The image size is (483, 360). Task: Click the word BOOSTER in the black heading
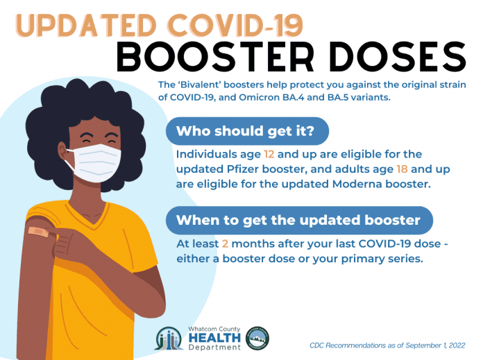[x=215, y=57]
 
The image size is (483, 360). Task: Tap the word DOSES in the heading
[x=398, y=57]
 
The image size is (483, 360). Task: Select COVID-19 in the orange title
[x=236, y=25]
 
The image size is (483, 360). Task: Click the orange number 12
[x=269, y=154]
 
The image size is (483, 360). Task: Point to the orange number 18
[x=402, y=169]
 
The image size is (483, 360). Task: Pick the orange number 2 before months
[x=225, y=244]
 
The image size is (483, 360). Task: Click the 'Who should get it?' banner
[x=247, y=131]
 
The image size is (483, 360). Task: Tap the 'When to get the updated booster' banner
[x=299, y=221]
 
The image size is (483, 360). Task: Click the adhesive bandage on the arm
[x=38, y=232]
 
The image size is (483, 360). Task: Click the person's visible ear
[x=63, y=151]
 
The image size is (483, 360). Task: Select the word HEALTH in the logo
[x=214, y=338]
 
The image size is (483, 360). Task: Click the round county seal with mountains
[x=257, y=338]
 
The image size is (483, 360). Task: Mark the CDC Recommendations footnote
[x=387, y=345]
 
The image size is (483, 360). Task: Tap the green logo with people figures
[x=169, y=338]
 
